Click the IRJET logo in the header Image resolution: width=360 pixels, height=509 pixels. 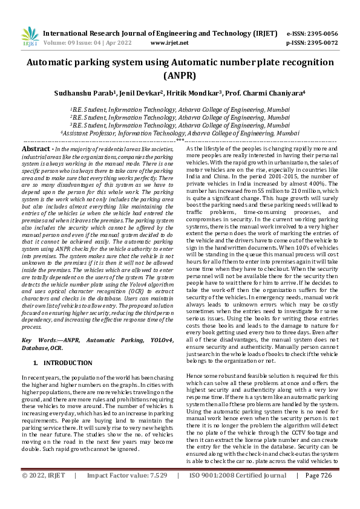click(x=29, y=37)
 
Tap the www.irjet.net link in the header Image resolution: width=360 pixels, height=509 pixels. click(x=169, y=43)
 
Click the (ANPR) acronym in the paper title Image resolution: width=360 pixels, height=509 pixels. click(x=180, y=76)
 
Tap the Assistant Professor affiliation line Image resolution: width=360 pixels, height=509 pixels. click(x=180, y=133)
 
